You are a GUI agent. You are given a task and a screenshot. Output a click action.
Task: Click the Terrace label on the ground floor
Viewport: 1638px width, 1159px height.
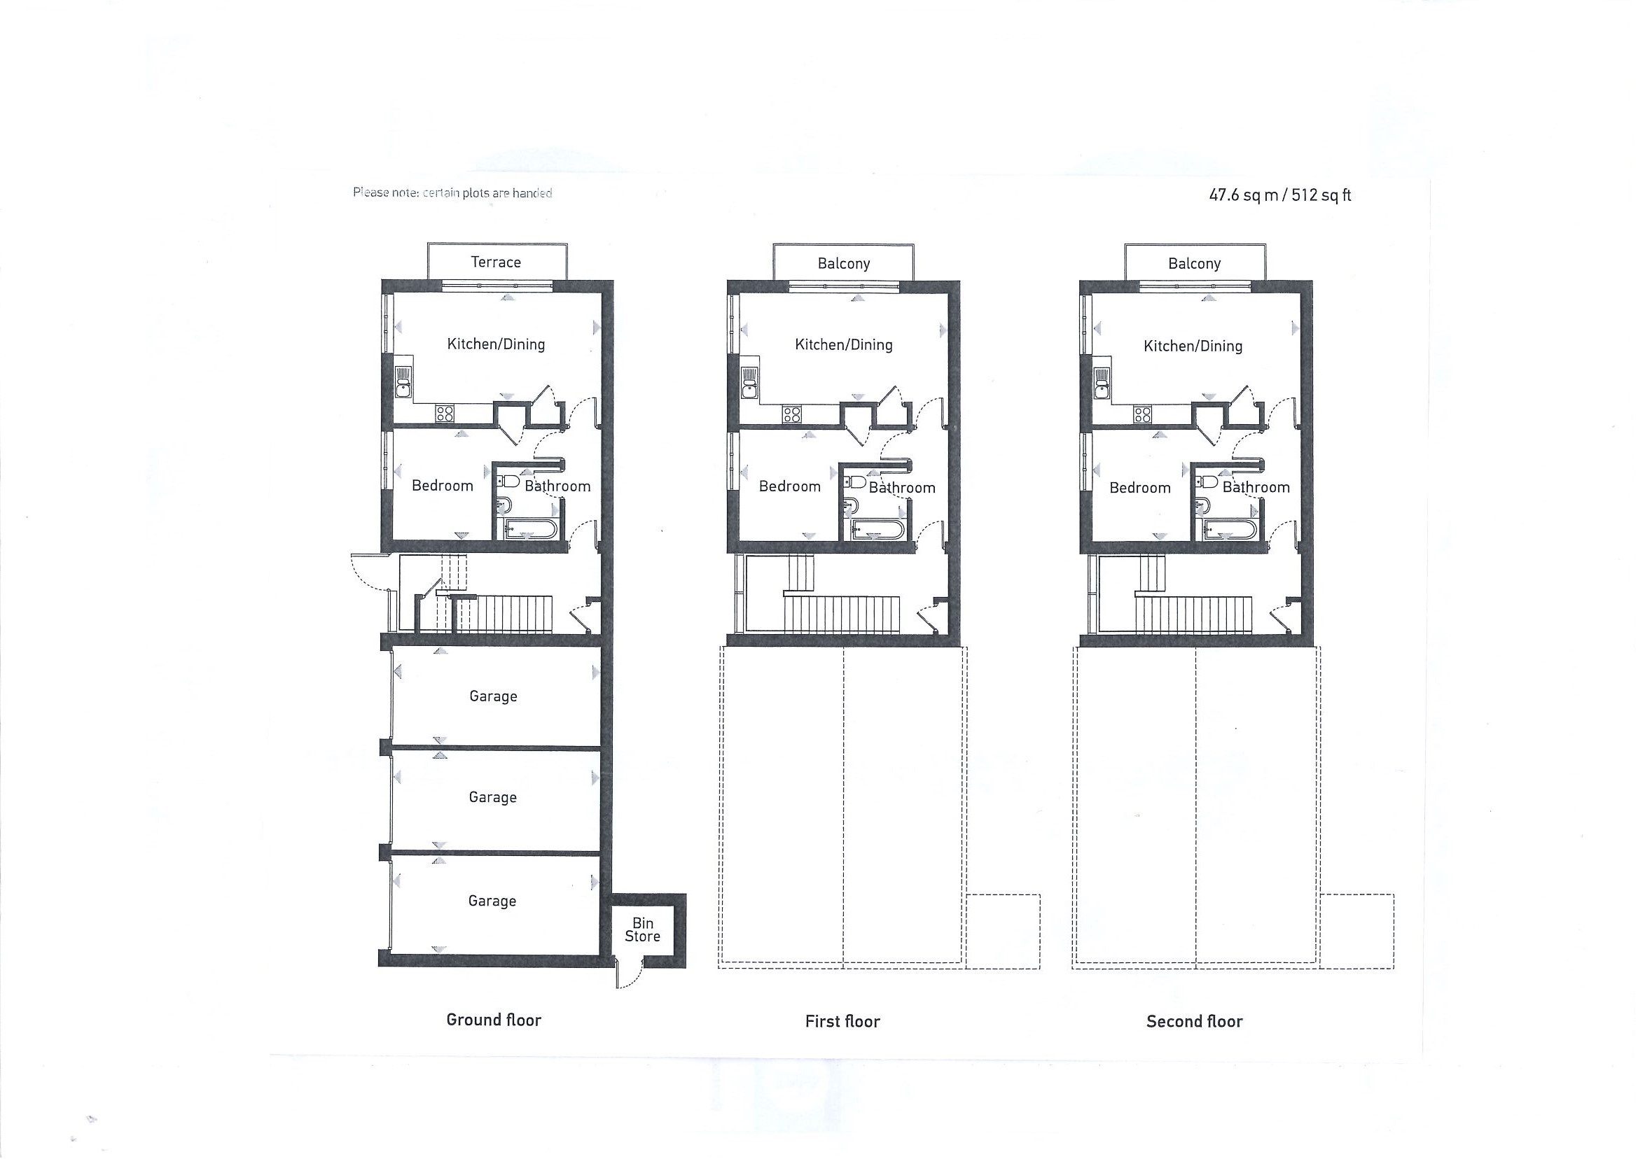pyautogui.click(x=496, y=262)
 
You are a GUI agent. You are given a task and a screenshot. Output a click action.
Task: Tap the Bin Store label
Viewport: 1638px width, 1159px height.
pyautogui.click(x=643, y=930)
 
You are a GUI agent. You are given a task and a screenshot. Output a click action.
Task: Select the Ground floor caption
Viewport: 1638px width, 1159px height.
pyautogui.click(x=494, y=1020)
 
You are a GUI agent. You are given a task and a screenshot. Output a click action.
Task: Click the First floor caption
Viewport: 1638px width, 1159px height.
pyautogui.click(x=842, y=1021)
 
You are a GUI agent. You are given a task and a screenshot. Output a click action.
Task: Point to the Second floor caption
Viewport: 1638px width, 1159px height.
pyautogui.click(x=1195, y=1021)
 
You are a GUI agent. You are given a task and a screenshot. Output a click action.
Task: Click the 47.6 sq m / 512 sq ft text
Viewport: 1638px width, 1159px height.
pyautogui.click(x=1279, y=195)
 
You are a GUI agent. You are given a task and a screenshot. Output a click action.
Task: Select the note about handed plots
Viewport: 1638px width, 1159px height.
pyautogui.click(x=452, y=192)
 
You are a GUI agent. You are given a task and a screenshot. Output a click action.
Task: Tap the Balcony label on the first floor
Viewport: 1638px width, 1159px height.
pyautogui.click(x=843, y=264)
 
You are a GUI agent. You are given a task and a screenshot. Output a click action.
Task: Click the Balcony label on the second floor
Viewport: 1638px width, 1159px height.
pyautogui.click(x=1194, y=264)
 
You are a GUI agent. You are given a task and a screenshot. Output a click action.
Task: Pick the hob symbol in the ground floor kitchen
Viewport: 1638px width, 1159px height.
pyautogui.click(x=445, y=413)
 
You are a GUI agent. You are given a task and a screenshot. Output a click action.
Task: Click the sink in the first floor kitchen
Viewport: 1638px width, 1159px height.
pyautogui.click(x=749, y=383)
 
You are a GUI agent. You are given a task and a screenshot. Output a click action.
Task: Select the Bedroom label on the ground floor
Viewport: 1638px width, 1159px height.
pyautogui.click(x=443, y=486)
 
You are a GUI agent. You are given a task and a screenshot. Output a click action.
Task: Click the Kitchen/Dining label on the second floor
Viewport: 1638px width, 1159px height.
pyautogui.click(x=1193, y=346)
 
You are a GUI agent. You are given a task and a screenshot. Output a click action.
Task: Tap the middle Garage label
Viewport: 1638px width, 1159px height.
pyautogui.click(x=493, y=797)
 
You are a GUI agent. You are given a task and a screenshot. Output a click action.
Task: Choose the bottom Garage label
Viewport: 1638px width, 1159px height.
pyautogui.click(x=492, y=901)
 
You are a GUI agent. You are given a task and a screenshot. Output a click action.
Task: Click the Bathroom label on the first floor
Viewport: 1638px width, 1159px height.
pyautogui.click(x=902, y=487)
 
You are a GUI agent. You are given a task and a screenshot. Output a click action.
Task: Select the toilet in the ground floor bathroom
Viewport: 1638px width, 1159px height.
pyautogui.click(x=508, y=479)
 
